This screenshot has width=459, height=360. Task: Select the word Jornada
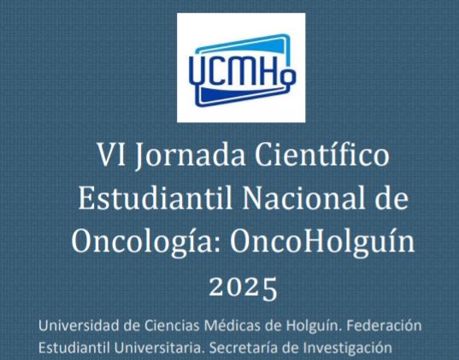click(x=191, y=155)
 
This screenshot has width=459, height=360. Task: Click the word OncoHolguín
click(x=322, y=240)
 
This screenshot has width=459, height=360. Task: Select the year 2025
click(x=243, y=287)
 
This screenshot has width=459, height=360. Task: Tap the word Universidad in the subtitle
click(x=79, y=326)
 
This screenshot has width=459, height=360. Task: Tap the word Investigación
click(x=347, y=349)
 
